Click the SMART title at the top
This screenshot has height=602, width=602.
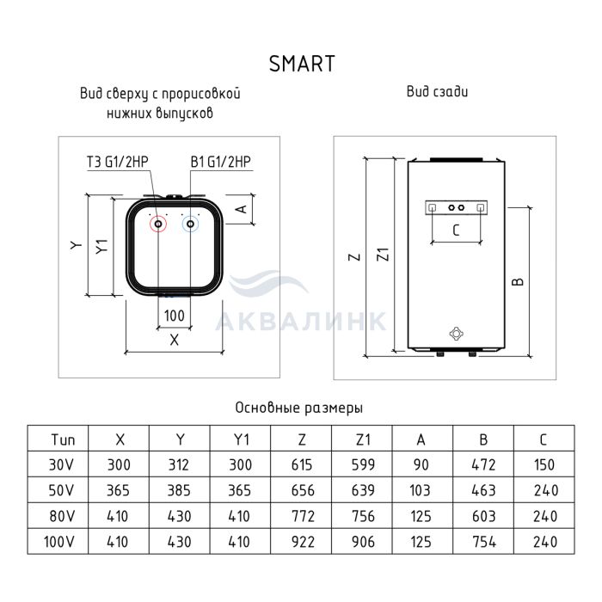click(302, 64)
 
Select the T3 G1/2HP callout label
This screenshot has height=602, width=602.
click(118, 162)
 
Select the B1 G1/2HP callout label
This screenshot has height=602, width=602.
click(221, 162)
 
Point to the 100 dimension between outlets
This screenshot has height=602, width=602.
click(175, 316)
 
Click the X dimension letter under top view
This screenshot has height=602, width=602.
click(175, 340)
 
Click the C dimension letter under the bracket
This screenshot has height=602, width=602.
click(456, 230)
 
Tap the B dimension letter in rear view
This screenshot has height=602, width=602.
click(518, 282)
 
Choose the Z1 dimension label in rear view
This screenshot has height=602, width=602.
click(384, 255)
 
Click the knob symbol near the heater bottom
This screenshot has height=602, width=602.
click(456, 334)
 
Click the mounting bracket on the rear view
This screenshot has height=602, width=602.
click(456, 208)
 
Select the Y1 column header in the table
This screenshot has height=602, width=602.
click(241, 439)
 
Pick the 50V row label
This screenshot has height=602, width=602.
click(61, 490)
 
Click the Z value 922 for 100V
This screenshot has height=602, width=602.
click(303, 542)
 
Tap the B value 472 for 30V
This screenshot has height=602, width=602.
click(483, 465)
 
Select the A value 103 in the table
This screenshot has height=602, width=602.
click(420, 490)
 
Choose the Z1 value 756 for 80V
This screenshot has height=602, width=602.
click(363, 516)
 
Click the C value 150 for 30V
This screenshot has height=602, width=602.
click(544, 465)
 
